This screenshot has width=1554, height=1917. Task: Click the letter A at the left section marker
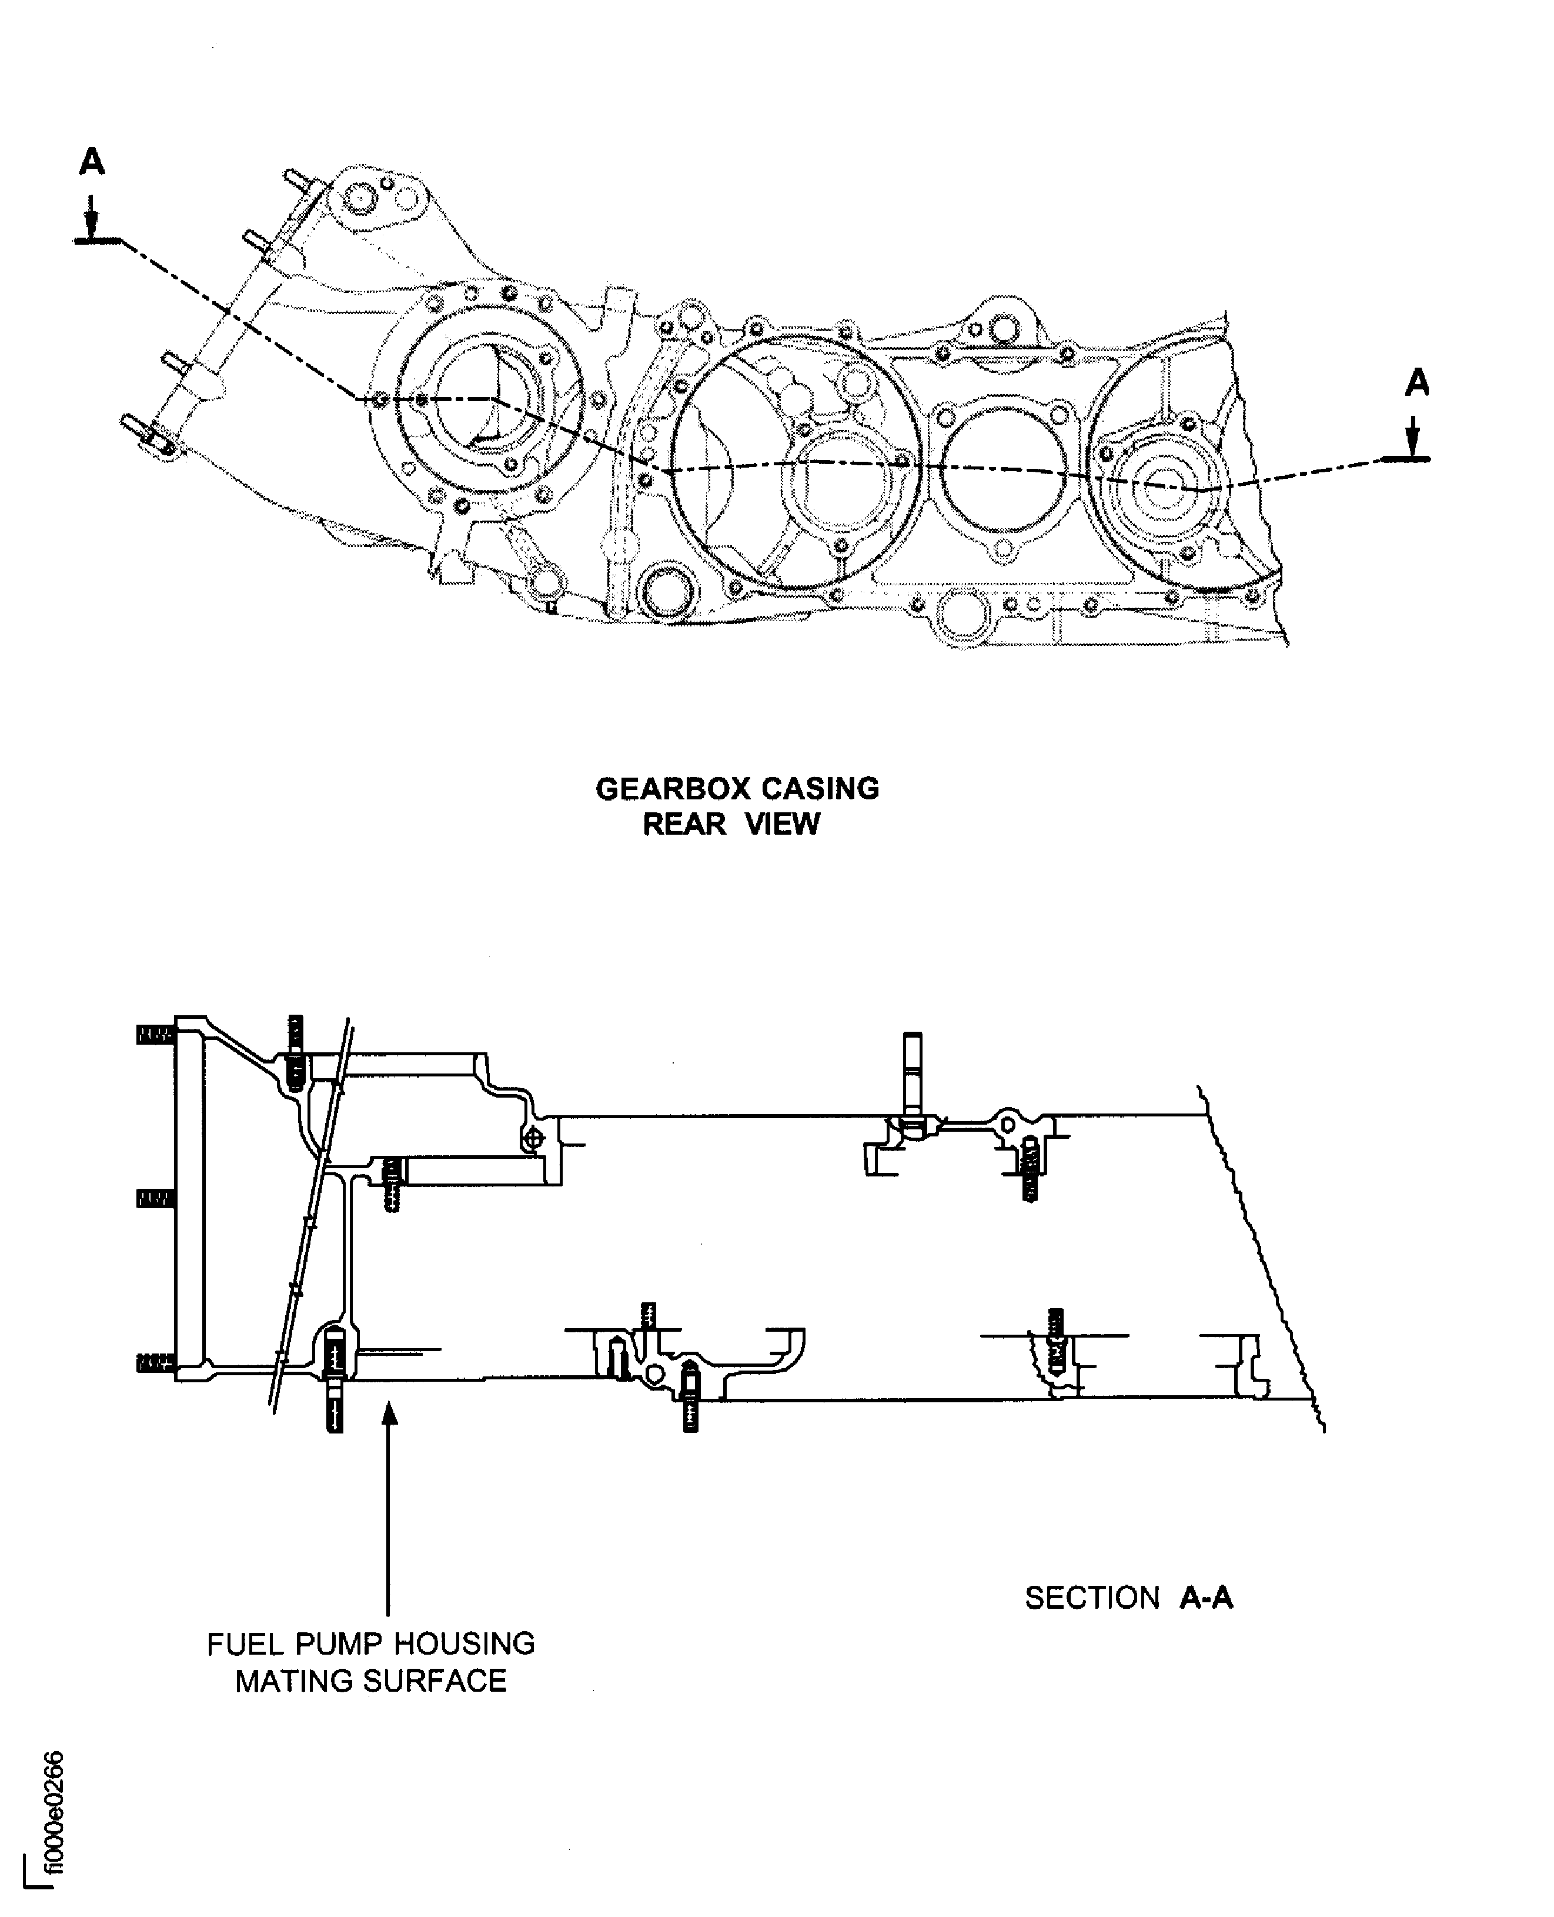tap(92, 162)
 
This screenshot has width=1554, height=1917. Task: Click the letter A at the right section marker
tap(1416, 383)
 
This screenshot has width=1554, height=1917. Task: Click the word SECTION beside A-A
tap(1091, 1598)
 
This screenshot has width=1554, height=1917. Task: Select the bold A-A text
tap(1206, 1598)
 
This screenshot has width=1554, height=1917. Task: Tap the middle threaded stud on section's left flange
tap(154, 1199)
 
